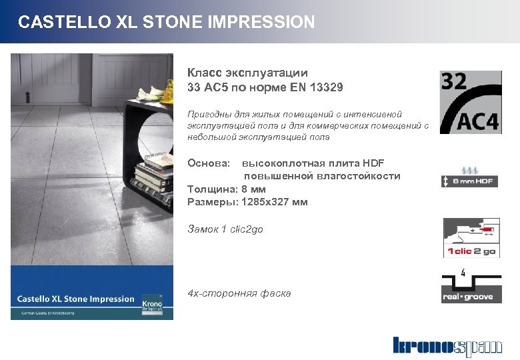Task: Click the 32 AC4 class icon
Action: tap(470, 101)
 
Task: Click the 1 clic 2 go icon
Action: tap(470, 238)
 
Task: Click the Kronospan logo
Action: tap(447, 346)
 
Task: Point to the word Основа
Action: tap(209, 163)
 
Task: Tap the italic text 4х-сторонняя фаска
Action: tap(239, 293)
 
